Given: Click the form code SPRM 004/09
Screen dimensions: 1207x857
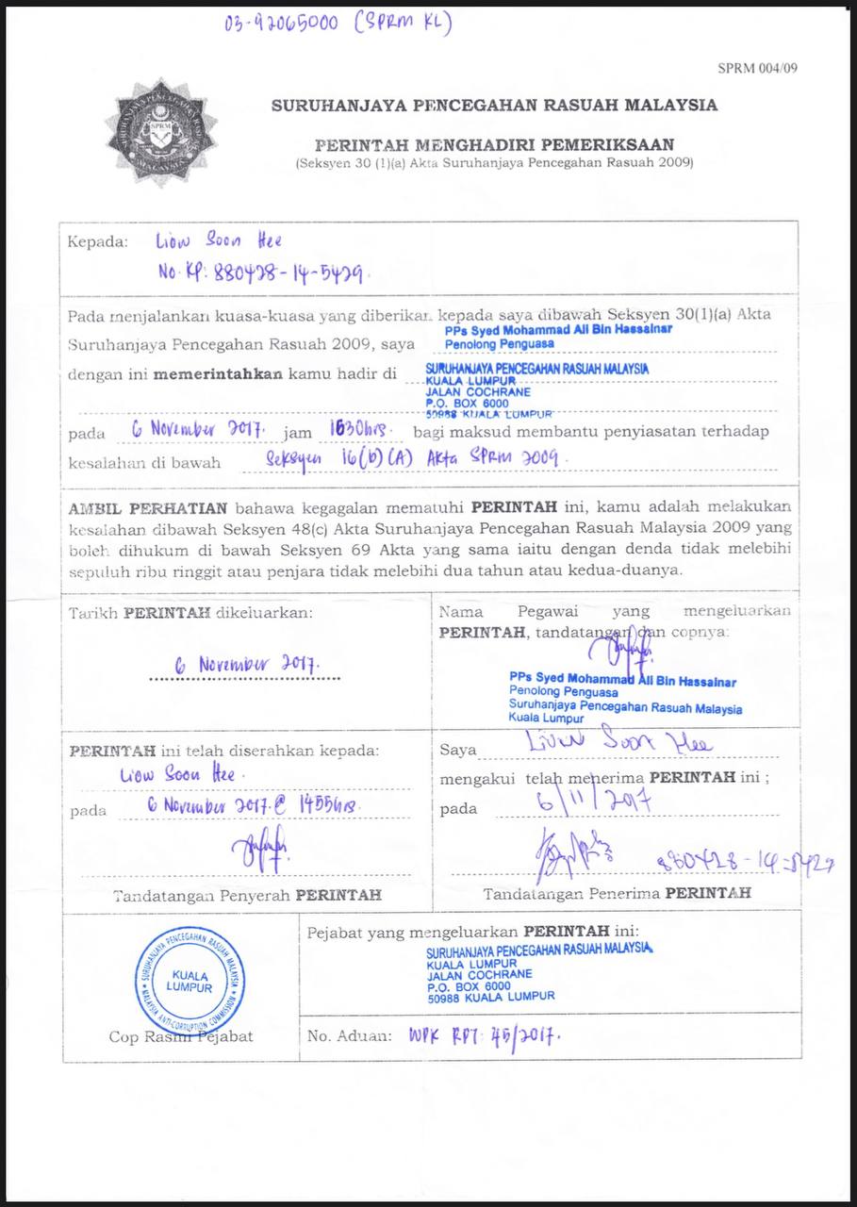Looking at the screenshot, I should click(x=757, y=68).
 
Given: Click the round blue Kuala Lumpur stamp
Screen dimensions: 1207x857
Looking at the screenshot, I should click(x=189, y=981).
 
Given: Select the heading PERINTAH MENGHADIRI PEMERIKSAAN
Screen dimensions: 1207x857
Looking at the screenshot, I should click(x=494, y=145).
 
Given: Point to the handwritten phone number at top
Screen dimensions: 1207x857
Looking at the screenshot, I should click(x=337, y=23).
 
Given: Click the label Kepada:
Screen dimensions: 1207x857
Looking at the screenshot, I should click(x=97, y=242).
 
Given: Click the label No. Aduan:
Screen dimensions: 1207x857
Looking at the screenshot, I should click(x=349, y=1035).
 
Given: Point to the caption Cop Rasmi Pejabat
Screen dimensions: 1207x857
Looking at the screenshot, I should click(x=180, y=1035).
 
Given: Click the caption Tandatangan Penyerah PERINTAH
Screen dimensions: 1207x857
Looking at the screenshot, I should click(x=247, y=895).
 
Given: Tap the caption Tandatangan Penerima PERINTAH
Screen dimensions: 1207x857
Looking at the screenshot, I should click(x=617, y=891).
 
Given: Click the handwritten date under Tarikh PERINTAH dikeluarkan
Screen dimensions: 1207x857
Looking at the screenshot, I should click(x=246, y=664).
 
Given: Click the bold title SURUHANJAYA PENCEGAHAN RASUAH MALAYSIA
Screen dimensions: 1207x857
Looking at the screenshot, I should click(x=494, y=106).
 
